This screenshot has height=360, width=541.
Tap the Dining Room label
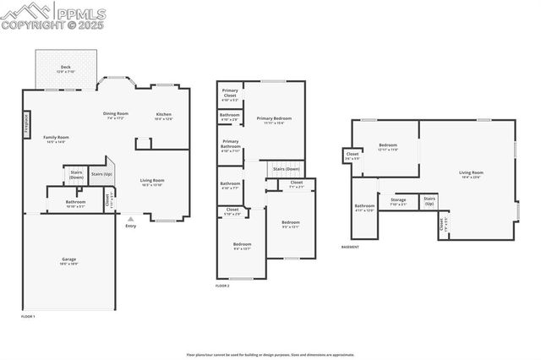point(115,115)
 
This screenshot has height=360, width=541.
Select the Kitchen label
point(164,116)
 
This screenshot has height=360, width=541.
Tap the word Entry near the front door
point(130,226)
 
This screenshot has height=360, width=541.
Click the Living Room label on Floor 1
point(152,181)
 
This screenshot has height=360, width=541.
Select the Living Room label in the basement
point(471,173)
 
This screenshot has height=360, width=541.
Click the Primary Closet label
point(230,94)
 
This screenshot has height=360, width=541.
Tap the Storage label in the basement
point(398,201)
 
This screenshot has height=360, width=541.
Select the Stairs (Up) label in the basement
point(429,201)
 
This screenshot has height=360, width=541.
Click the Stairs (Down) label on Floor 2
point(287,169)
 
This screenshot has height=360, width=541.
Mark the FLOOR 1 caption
point(28,316)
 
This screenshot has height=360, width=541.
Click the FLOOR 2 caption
point(222,287)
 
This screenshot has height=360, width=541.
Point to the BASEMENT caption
point(350,247)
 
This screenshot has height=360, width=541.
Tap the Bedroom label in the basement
point(388,147)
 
